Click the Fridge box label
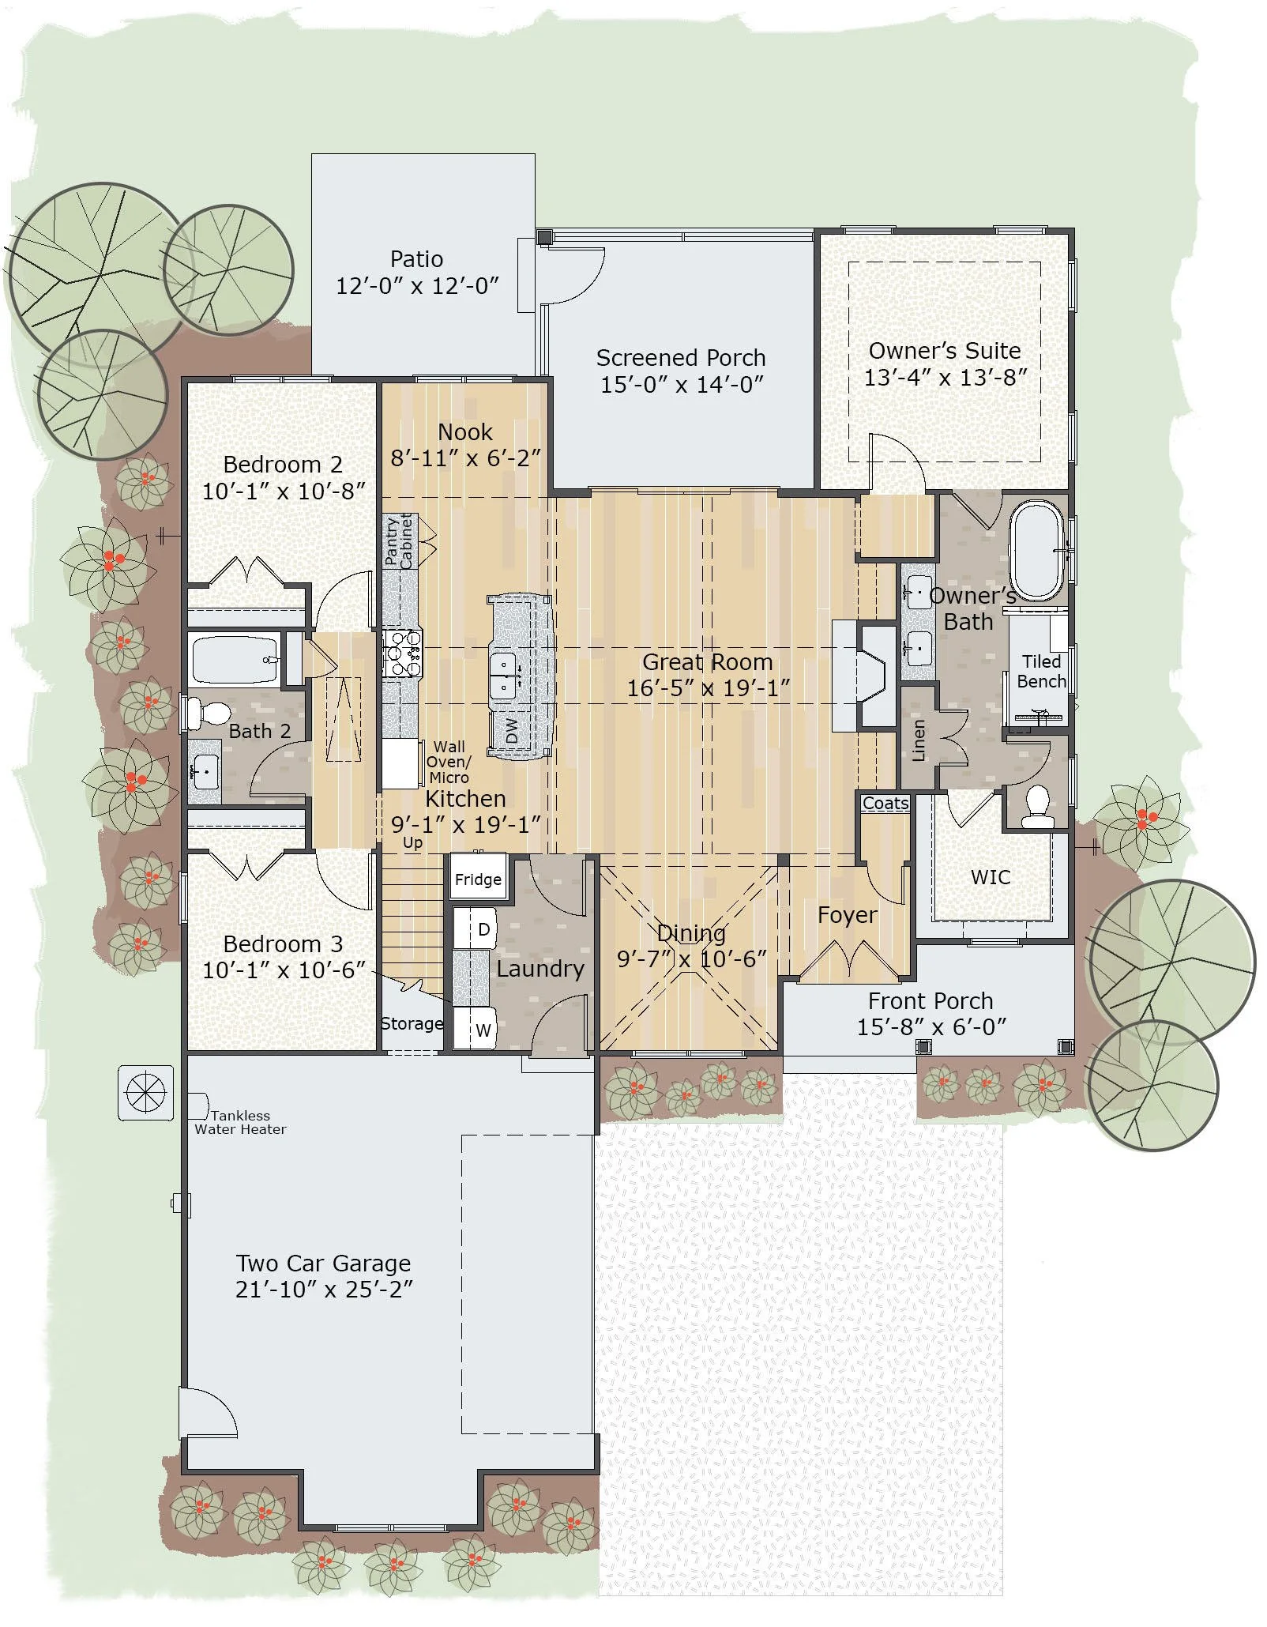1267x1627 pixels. (478, 879)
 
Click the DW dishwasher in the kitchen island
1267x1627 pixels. (512, 730)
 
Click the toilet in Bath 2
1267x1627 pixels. (207, 712)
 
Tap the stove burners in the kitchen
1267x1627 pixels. (403, 653)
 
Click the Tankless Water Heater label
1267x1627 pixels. (240, 1122)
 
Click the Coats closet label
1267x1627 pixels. (885, 803)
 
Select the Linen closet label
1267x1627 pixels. (919, 740)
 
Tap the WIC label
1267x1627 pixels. (991, 877)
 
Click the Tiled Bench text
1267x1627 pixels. (1041, 672)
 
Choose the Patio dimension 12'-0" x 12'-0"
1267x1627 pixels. (417, 286)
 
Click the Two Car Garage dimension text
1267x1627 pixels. (324, 1290)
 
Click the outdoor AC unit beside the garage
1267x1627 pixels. (146, 1093)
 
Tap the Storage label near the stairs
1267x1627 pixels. (412, 1024)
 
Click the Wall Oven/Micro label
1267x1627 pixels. (449, 762)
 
